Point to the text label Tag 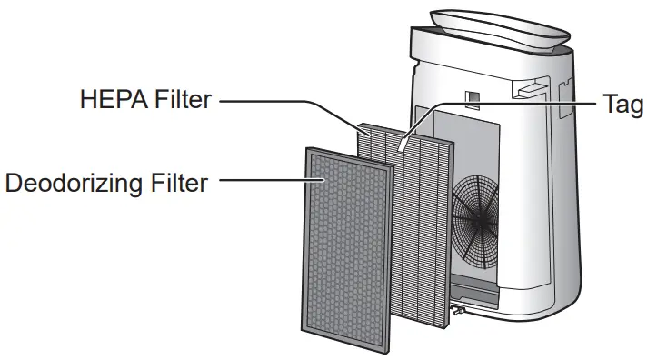pos(623,104)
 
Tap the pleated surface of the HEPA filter pos(418,227)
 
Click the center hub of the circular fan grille pos(476,221)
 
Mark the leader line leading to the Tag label pos(509,102)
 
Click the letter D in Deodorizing pos(15,183)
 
